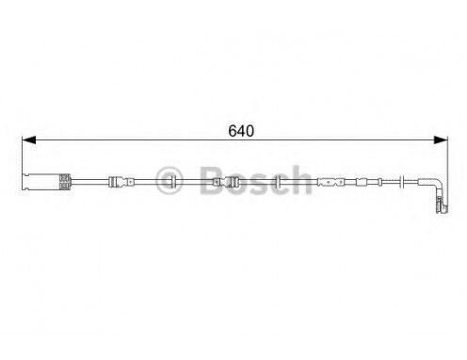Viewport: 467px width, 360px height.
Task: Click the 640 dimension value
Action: (241, 131)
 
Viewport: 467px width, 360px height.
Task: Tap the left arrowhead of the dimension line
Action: (29, 140)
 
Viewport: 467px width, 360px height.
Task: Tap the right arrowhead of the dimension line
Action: (441, 140)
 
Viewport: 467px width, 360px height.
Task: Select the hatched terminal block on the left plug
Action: (65, 182)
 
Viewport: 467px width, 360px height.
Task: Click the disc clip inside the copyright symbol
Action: (172, 182)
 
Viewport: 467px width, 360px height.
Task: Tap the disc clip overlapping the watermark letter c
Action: (278, 182)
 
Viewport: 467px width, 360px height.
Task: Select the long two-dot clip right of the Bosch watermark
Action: (330, 182)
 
